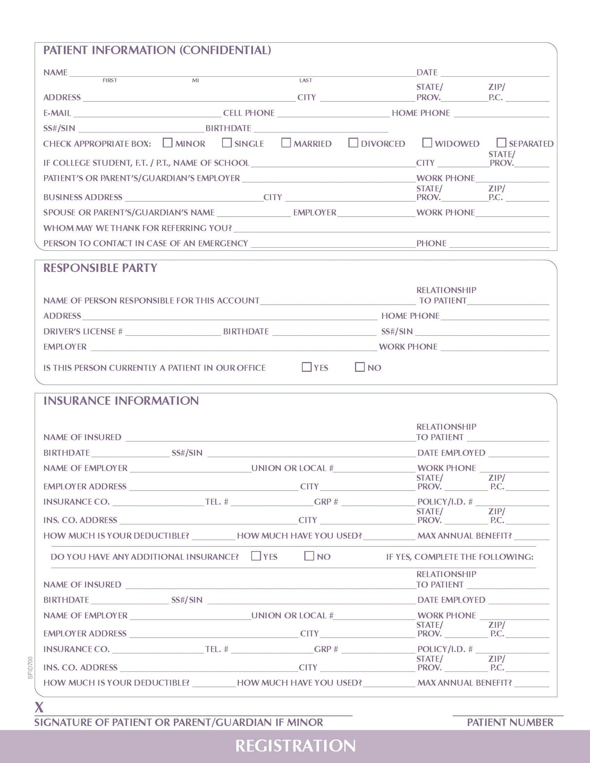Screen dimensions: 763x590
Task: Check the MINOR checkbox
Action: pyautogui.click(x=168, y=143)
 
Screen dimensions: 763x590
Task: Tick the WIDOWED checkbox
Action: pyautogui.click(x=427, y=143)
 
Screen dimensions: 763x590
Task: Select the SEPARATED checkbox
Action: pyautogui.click(x=501, y=143)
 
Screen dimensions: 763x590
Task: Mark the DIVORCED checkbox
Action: pyautogui.click(x=353, y=143)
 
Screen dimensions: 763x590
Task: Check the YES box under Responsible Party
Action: pyautogui.click(x=306, y=367)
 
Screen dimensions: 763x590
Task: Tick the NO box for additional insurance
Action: pyautogui.click(x=309, y=556)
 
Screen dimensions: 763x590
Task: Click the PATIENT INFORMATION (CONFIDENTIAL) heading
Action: pyautogui.click(x=157, y=50)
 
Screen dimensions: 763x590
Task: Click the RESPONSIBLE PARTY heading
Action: pyautogui.click(x=100, y=268)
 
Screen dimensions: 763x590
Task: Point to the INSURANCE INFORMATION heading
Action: pyautogui.click(x=121, y=401)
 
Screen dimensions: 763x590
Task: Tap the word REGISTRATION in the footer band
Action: pyautogui.click(x=295, y=746)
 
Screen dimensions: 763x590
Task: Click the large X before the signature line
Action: pyautogui.click(x=39, y=708)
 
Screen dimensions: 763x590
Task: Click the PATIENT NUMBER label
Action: pyautogui.click(x=510, y=723)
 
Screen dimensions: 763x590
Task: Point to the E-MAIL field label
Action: pyautogui.click(x=57, y=113)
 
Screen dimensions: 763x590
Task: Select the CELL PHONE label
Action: pyautogui.click(x=249, y=113)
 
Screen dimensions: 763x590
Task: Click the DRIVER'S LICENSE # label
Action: pyautogui.click(x=83, y=332)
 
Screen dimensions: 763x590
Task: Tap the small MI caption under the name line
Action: pyautogui.click(x=195, y=81)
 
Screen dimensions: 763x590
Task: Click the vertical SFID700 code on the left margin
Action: pyautogui.click(x=30, y=667)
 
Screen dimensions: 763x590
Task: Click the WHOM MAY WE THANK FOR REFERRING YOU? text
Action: pyautogui.click(x=138, y=228)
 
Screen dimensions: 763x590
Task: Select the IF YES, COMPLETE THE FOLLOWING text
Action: pyautogui.click(x=459, y=557)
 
